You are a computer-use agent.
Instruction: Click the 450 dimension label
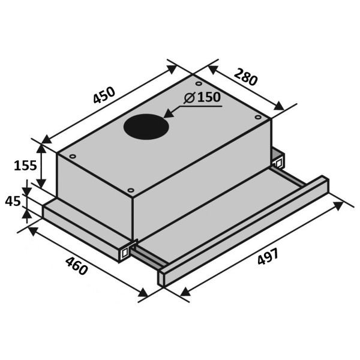(x=104, y=95)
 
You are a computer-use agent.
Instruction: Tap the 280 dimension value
(x=245, y=77)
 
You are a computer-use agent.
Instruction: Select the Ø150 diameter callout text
(x=202, y=97)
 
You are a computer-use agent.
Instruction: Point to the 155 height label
(x=25, y=166)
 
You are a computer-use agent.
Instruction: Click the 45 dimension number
(x=13, y=202)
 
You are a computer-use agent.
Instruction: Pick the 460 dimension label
(x=76, y=266)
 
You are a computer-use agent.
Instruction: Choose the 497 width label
(x=268, y=256)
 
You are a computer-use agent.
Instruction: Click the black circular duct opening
(x=146, y=127)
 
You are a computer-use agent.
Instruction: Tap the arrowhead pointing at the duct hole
(x=169, y=113)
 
